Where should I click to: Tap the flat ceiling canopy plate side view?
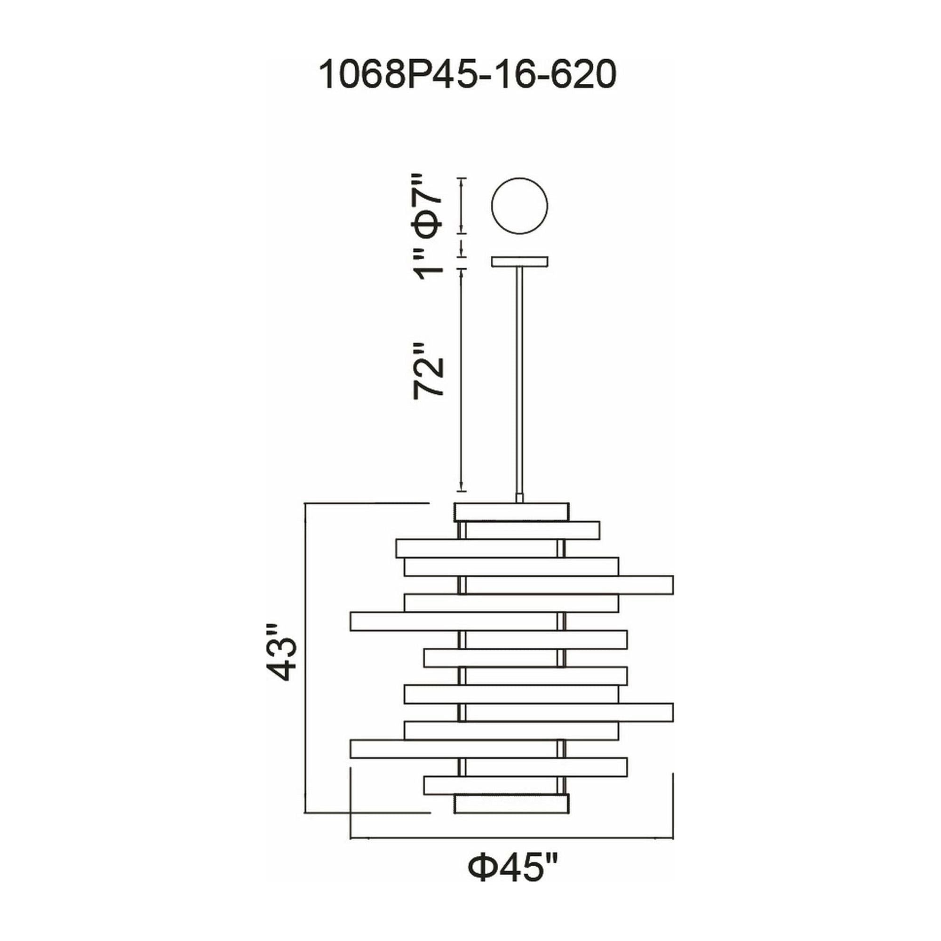point(519,262)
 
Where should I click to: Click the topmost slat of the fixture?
point(511,512)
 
